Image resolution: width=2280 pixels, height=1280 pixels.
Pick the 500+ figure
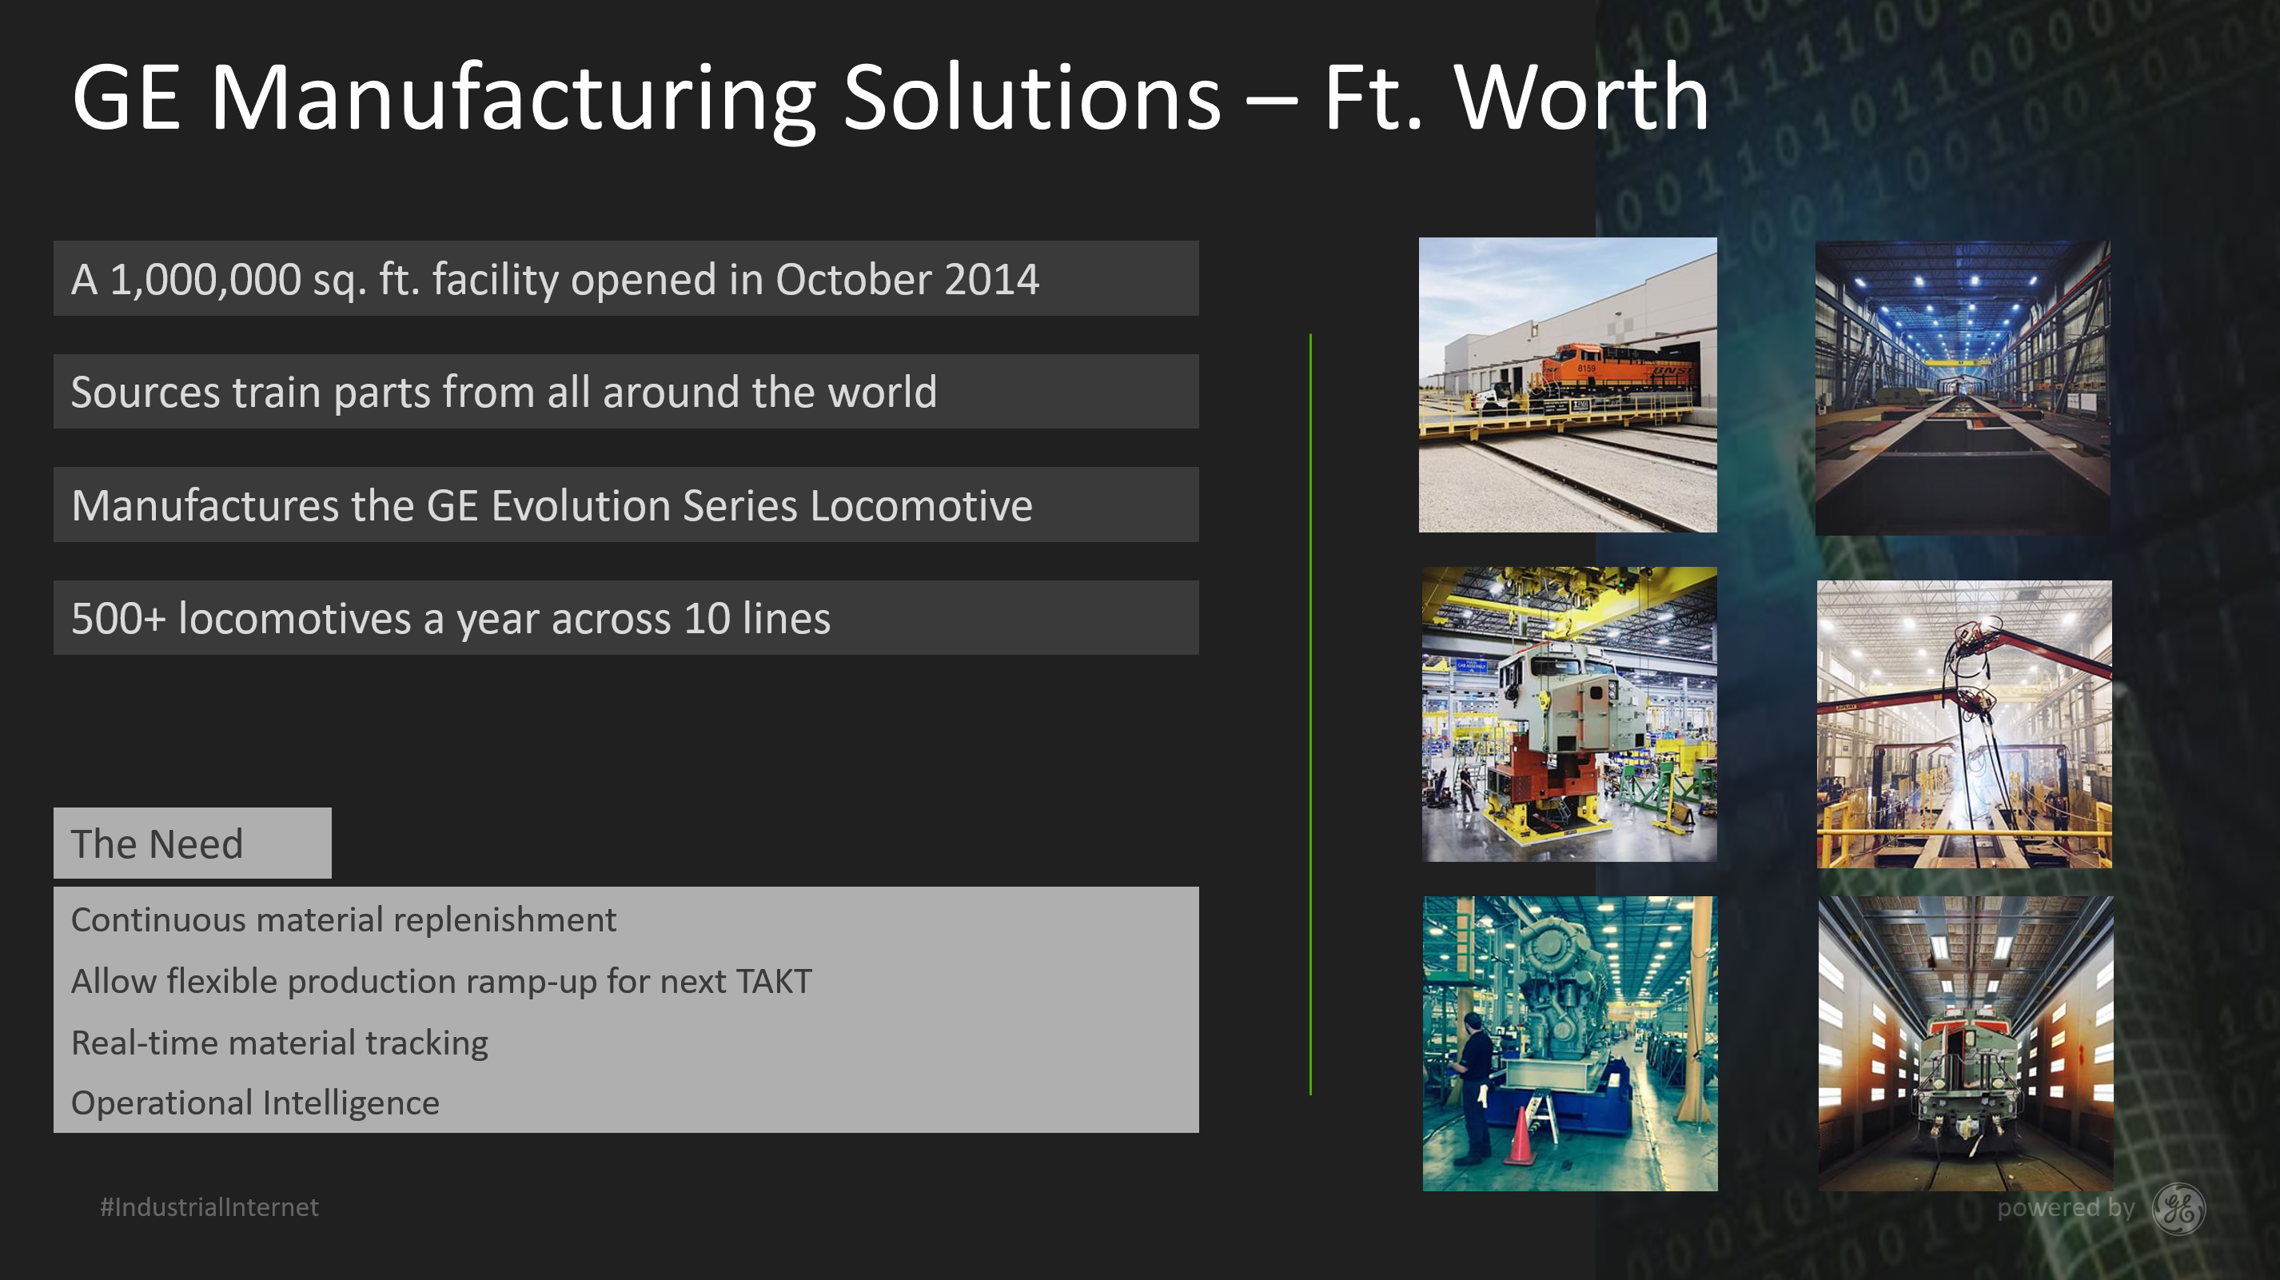(118, 619)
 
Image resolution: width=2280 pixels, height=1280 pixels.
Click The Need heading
(157, 843)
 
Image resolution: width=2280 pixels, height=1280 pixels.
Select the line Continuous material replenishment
(344, 919)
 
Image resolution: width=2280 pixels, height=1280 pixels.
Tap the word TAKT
(773, 981)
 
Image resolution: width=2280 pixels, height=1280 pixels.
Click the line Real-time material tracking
(280, 1043)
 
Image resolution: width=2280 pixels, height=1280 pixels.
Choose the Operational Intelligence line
(255, 1103)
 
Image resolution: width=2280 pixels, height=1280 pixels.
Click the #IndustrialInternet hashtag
(209, 1207)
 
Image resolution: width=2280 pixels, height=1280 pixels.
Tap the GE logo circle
(2178, 1208)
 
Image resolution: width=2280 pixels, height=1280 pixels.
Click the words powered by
(2066, 1208)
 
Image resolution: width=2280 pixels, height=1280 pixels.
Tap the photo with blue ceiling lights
(1963, 387)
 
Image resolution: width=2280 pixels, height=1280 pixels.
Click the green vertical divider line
(1311, 715)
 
